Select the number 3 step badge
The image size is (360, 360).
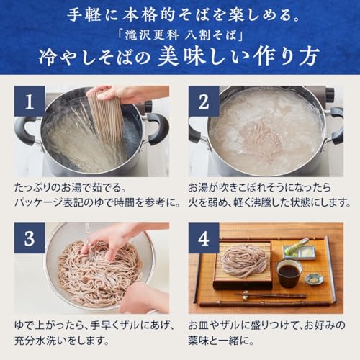pos(29,238)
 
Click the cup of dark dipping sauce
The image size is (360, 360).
pos(289,273)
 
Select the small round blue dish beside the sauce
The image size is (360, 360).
pos(314,278)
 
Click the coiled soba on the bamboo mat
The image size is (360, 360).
pos(244,260)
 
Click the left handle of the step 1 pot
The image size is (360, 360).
pos(24,130)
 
